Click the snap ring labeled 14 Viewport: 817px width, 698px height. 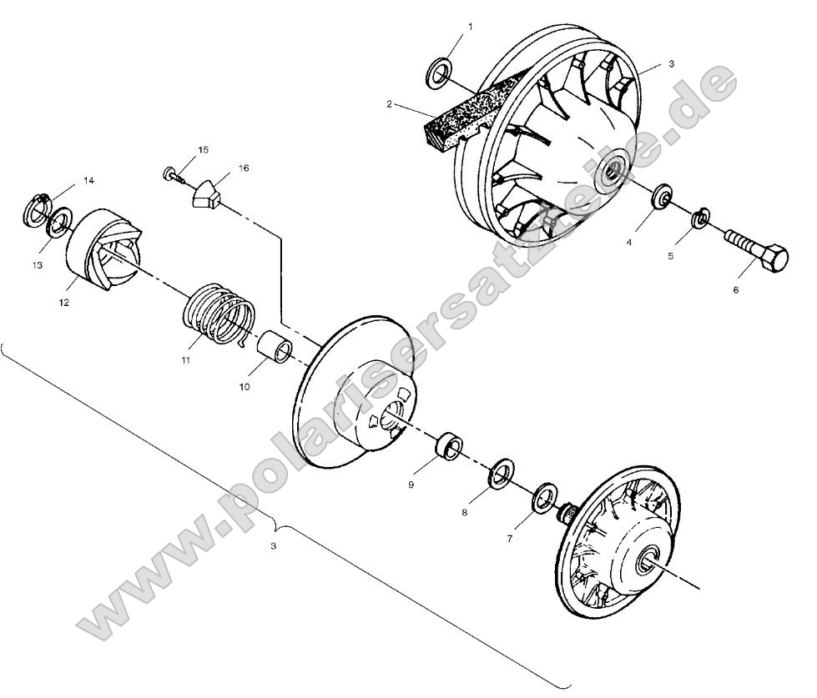tap(38, 208)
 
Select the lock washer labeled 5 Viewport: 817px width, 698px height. tap(701, 218)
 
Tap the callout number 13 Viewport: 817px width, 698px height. tap(36, 264)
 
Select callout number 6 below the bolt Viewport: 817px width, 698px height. tap(735, 290)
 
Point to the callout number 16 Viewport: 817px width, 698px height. tap(244, 168)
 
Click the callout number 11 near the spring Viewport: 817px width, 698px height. tap(185, 360)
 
